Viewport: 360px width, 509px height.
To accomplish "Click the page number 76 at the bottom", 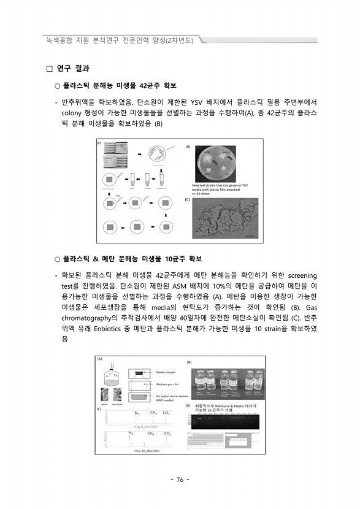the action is [x=180, y=480].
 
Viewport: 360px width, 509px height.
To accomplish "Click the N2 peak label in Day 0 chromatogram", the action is [x=137, y=413].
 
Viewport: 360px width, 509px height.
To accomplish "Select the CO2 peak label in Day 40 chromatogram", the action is [x=166, y=434].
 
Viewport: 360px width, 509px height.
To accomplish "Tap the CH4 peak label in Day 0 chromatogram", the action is [x=153, y=413].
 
